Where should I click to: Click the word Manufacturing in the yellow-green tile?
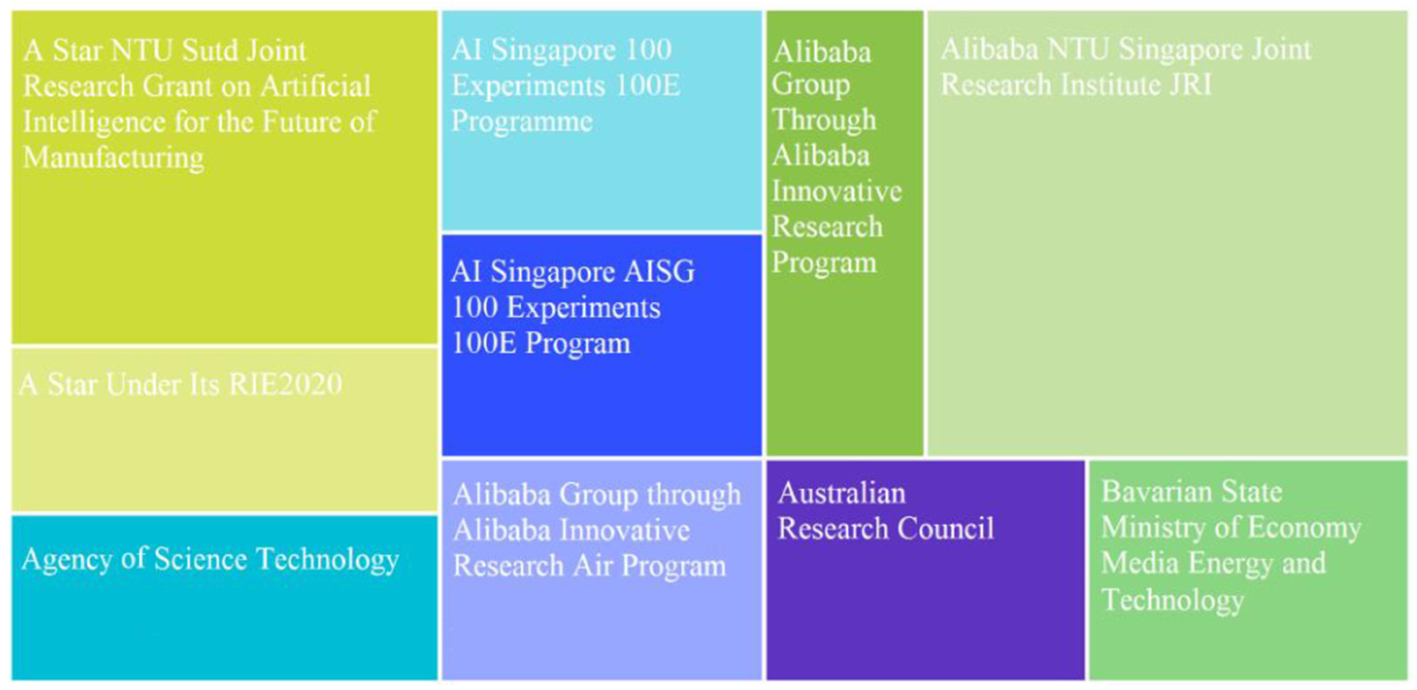[113, 158]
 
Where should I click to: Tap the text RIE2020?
[286, 384]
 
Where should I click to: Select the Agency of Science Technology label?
[210, 560]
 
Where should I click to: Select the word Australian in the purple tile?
[841, 493]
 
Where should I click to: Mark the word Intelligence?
[94, 122]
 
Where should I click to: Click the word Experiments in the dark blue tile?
[583, 308]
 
